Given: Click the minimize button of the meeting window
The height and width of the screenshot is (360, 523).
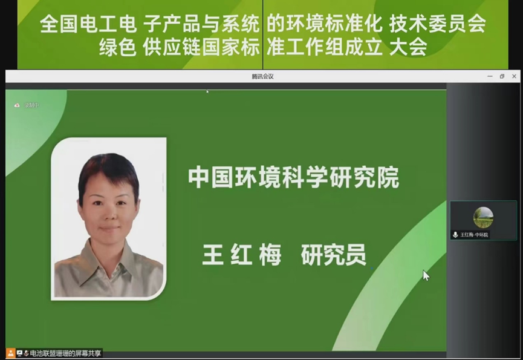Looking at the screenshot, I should (490, 77).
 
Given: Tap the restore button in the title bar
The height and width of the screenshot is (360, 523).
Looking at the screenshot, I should (502, 77).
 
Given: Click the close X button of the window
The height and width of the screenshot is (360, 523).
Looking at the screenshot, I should (514, 77).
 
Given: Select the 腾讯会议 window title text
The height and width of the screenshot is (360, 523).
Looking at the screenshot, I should (262, 77).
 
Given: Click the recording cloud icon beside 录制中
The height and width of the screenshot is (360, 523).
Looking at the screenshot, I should (17, 105).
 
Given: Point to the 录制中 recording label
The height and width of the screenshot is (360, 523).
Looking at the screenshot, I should (31, 105).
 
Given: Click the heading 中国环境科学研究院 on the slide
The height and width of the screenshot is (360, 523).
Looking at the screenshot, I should (293, 178).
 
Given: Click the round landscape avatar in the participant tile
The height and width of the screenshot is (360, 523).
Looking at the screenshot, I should (483, 217).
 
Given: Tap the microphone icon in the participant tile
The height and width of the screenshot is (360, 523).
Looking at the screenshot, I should (455, 234).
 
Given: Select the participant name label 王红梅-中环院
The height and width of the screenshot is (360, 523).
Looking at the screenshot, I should (474, 235).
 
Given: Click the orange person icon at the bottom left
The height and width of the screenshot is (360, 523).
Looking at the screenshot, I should (10, 353).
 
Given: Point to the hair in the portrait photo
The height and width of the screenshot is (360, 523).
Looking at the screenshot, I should (108, 166).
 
